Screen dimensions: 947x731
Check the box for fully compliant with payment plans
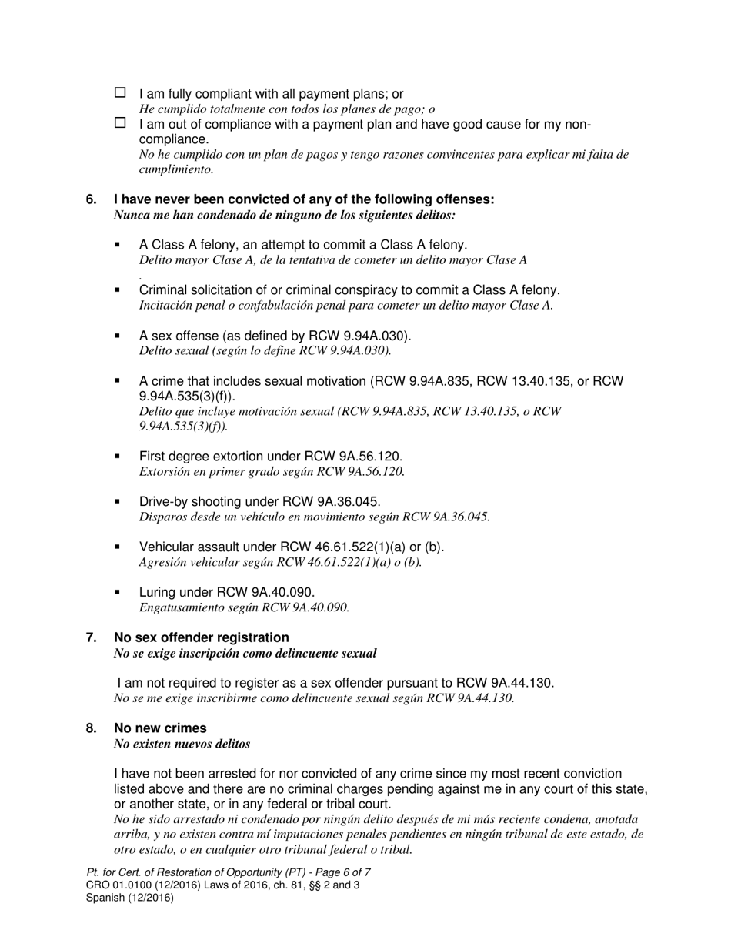coord(120,92)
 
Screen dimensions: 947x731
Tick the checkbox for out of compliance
coord(120,123)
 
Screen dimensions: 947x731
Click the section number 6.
coord(91,199)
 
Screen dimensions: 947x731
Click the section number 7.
coord(91,637)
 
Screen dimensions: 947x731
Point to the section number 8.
coord(91,728)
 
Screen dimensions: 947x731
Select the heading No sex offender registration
coord(202,637)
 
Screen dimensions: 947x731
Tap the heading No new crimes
coord(160,728)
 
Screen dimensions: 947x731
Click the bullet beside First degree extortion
coord(118,456)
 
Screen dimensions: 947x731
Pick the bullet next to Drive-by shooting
coord(118,501)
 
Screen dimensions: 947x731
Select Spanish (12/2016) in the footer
coord(130,898)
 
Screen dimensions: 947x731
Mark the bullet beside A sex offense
coord(118,335)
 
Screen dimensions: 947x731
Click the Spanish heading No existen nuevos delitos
coord(182,745)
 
